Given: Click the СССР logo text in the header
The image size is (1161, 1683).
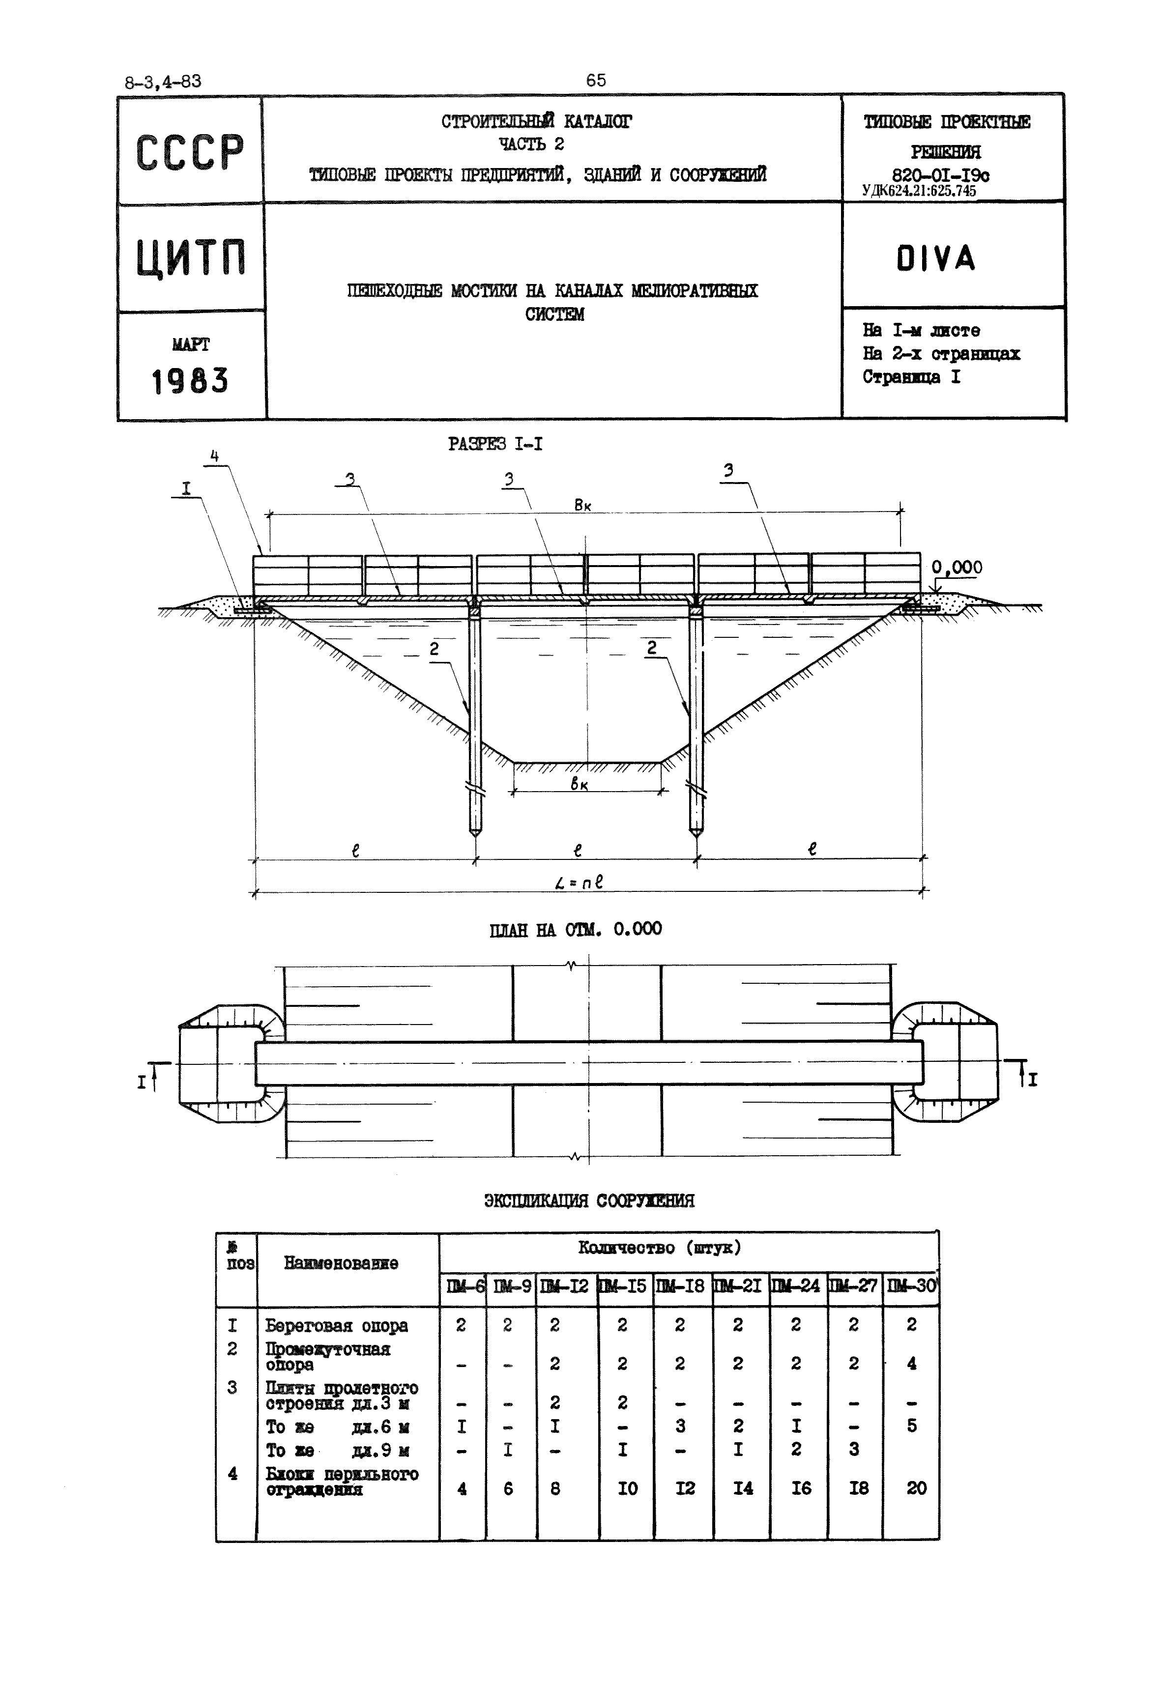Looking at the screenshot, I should (190, 153).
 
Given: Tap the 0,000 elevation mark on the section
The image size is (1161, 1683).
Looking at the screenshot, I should (957, 567).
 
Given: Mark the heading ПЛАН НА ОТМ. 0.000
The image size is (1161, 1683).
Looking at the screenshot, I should (576, 930).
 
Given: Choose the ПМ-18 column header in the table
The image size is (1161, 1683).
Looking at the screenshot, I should (681, 1286).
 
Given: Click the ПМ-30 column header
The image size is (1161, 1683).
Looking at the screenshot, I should (911, 1286).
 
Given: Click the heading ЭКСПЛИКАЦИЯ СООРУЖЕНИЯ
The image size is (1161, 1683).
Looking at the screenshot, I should (589, 1201).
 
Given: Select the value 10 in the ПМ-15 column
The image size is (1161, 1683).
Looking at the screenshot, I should (627, 1489).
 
